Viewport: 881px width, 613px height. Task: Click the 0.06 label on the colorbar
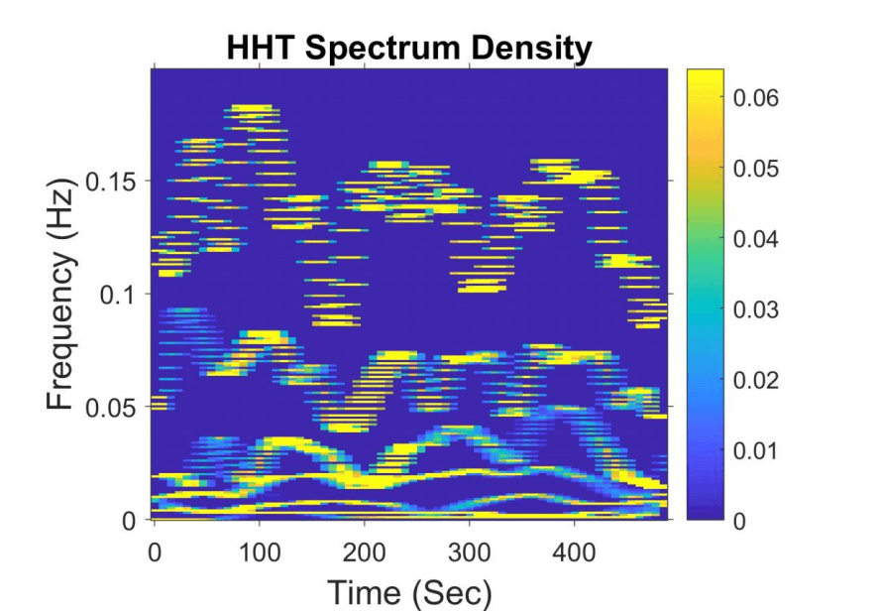coord(756,98)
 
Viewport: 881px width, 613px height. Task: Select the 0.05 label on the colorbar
coord(756,169)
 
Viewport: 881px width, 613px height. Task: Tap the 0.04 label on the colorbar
coord(756,239)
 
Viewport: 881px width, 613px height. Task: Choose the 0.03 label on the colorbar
coord(756,309)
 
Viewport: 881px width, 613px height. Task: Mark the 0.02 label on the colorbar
coord(756,380)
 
